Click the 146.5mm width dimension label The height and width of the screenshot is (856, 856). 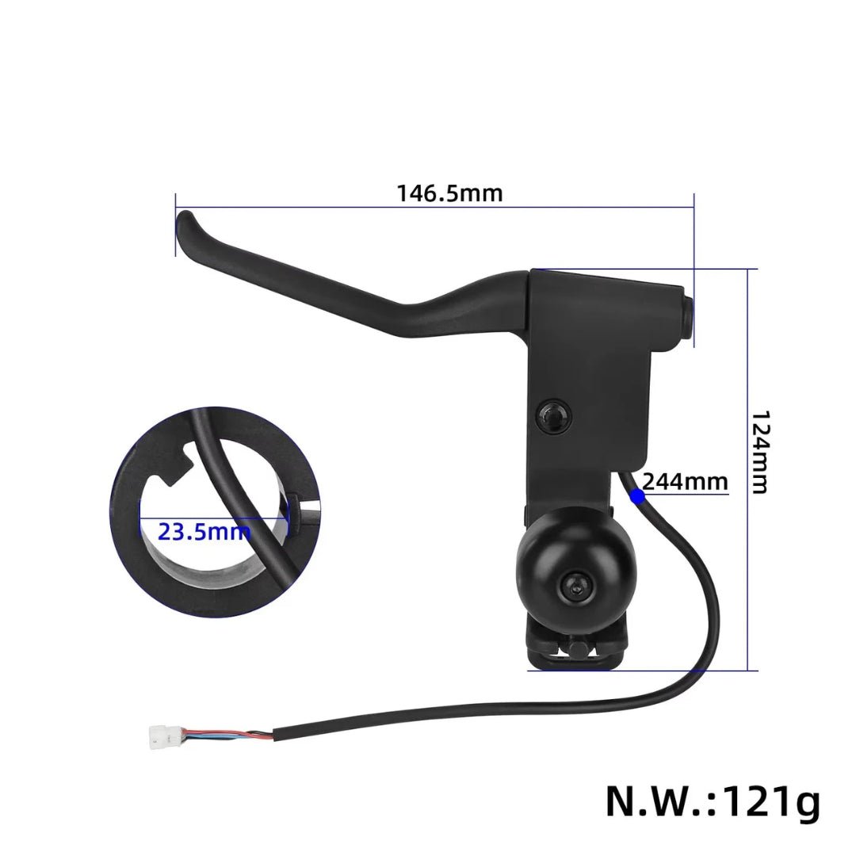click(449, 193)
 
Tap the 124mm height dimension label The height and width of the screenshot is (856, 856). click(759, 452)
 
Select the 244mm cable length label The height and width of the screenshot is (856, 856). click(684, 481)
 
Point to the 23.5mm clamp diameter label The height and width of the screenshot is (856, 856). click(204, 531)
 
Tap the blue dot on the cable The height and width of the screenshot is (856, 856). click(636, 497)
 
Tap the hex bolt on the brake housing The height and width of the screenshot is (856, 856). click(552, 415)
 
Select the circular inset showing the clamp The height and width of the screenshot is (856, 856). click(216, 512)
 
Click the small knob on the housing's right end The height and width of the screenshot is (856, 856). click(686, 315)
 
